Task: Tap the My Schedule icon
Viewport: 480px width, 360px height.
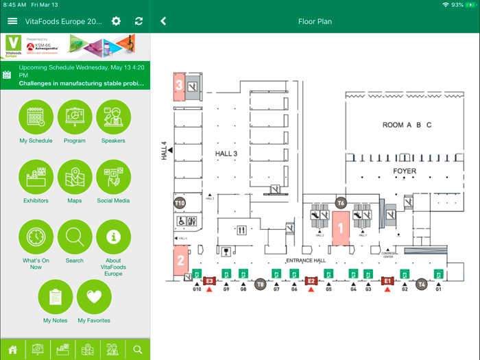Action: [36, 117]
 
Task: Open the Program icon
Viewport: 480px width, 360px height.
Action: [75, 117]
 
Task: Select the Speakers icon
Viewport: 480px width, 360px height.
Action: [113, 117]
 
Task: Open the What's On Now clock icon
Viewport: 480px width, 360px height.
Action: [36, 237]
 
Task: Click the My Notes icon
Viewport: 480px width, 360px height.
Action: [56, 297]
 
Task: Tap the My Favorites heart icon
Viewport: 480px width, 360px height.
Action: [94, 297]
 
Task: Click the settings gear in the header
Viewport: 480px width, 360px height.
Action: [116, 21]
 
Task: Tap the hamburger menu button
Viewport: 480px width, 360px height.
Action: [12, 21]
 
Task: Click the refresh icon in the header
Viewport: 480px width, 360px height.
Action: [139, 21]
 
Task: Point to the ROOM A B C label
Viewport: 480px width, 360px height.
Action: [407, 125]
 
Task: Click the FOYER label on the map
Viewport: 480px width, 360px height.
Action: [404, 171]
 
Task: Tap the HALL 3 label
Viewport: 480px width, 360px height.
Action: [226, 154]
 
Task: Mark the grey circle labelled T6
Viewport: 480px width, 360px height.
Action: [341, 203]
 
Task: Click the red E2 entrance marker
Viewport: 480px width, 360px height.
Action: [311, 281]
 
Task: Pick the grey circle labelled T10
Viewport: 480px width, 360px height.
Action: [180, 203]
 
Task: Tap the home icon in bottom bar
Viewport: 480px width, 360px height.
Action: [12, 350]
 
